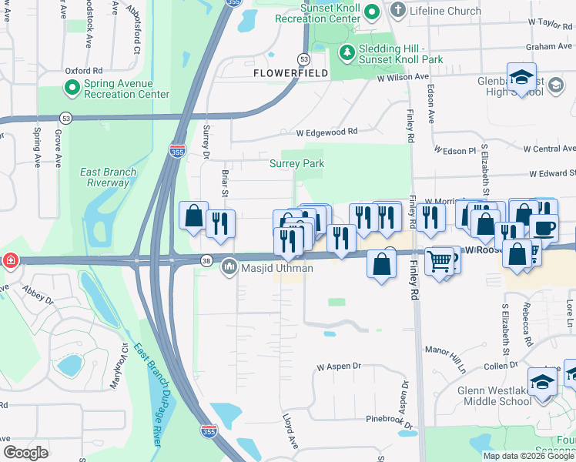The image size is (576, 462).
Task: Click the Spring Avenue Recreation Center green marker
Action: pos(72,89)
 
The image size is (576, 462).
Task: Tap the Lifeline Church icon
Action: pos(397,10)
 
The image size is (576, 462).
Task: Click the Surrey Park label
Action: pos(296,163)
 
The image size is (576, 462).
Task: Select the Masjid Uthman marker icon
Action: pos(229,268)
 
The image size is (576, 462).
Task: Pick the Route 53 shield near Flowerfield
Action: pos(303,59)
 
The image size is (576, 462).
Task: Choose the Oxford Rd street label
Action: pos(84,70)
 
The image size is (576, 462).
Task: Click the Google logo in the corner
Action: pos(25,453)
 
